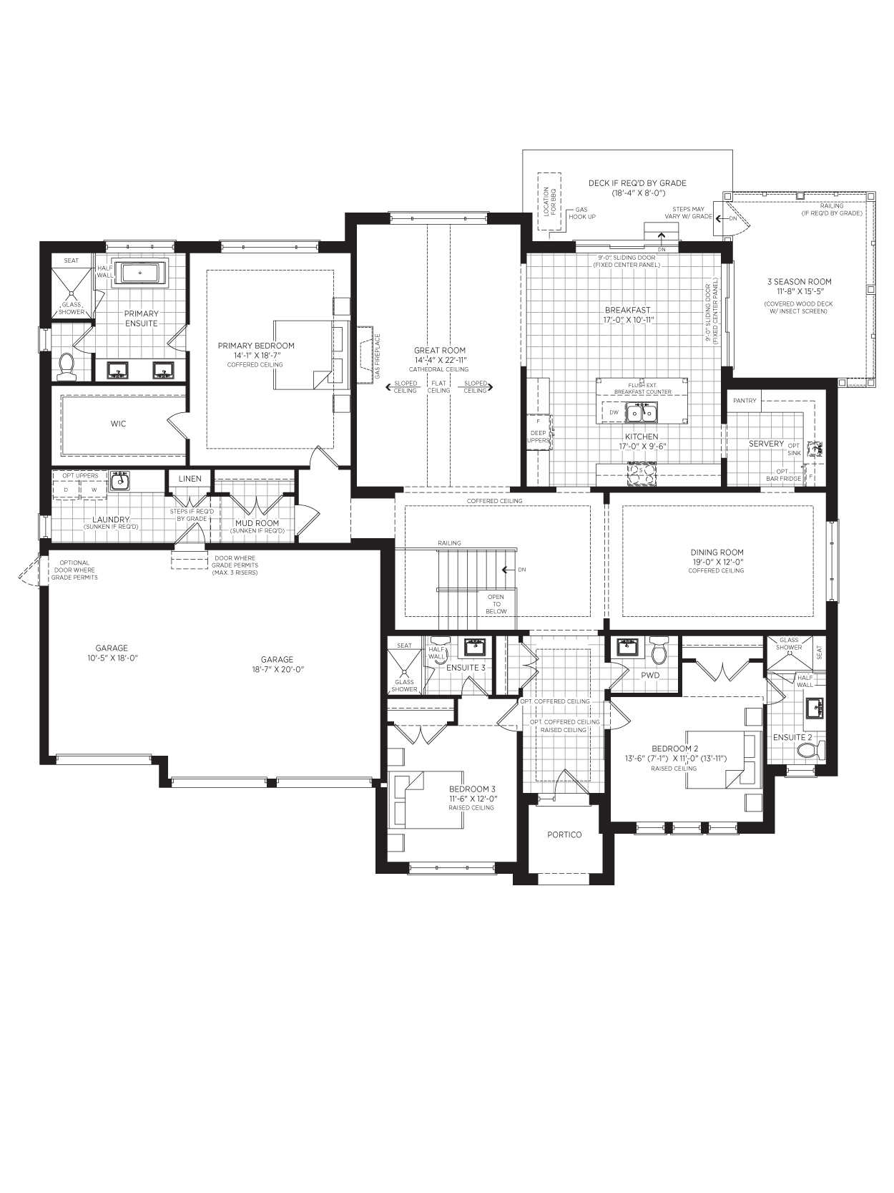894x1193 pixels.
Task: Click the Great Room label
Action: (x=439, y=351)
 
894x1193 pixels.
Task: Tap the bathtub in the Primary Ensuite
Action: (x=140, y=272)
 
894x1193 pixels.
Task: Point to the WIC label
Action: (x=119, y=424)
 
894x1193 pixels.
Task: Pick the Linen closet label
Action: (x=190, y=479)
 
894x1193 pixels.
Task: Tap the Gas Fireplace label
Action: (x=378, y=356)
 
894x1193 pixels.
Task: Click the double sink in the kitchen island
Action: (x=642, y=413)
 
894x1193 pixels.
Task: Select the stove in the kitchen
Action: (x=642, y=474)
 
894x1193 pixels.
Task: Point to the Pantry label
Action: (x=745, y=401)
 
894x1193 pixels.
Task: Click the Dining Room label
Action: (x=717, y=552)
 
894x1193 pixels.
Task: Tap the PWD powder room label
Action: (x=650, y=675)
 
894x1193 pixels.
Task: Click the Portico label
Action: (x=564, y=834)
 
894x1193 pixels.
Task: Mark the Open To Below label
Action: (x=496, y=604)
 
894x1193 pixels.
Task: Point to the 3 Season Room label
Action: (x=800, y=281)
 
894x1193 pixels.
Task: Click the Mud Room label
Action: (x=257, y=523)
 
